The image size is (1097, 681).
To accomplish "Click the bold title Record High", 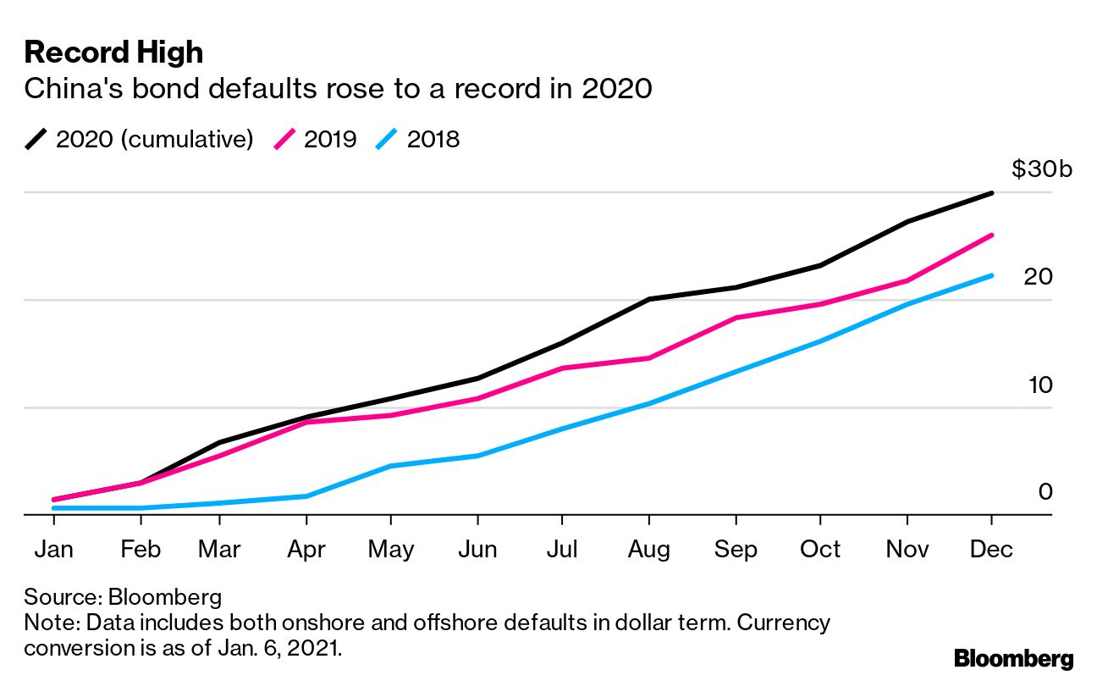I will coord(113,53).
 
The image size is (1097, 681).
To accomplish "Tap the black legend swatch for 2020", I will coord(36,139).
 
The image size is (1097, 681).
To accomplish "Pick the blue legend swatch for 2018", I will coord(387,139).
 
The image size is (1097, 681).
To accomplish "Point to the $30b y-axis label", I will coord(1042,169).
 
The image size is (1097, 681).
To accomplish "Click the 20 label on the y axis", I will coord(1038,277).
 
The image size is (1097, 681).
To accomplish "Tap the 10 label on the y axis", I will coord(1038,385).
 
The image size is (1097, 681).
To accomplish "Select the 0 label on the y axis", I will coord(1045,492).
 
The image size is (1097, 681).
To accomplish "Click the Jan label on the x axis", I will coord(53,549).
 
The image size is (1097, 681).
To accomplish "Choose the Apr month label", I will coord(306,549).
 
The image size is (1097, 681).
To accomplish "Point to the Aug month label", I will coord(649,549).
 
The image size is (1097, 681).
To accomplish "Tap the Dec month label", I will coord(991,549).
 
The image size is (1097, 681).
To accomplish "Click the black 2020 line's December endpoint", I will coord(991,193).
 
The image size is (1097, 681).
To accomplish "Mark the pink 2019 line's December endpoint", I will coord(991,235).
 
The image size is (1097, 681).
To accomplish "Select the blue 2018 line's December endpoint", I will coord(991,275).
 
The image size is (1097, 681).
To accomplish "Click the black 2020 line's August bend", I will coord(649,299).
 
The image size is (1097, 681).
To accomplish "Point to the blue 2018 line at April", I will coord(306,496).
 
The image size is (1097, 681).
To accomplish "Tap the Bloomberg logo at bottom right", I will coord(1013,658).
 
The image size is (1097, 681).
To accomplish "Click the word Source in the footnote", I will coord(58,597).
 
